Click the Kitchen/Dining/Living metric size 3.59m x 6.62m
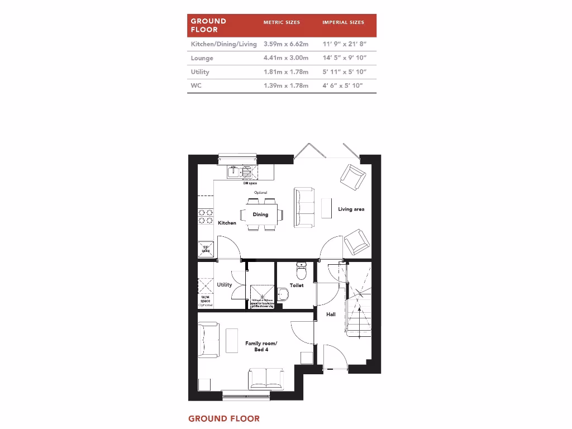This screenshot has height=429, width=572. coord(286,44)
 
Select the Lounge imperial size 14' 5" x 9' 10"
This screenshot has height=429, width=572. coord(344,58)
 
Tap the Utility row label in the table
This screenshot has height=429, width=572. coord(200,71)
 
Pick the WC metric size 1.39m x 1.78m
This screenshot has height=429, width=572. coord(286,85)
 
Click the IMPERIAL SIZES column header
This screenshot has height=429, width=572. coord(343,22)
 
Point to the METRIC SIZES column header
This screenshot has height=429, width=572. coord(282,22)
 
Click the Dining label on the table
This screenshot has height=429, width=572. coord(260,214)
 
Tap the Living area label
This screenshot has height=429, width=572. coord(351,209)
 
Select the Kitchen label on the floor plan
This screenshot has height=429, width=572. coord(227,223)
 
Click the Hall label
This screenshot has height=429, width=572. coord(331,314)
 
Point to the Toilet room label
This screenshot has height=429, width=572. coord(297,285)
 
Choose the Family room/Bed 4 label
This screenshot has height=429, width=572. coord(261,346)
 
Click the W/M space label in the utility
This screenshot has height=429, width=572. coord(206,300)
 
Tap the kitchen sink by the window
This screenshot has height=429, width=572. coord(235,172)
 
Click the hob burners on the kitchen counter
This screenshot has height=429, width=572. coord(206,215)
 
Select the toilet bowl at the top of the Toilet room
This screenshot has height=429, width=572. coord(302,271)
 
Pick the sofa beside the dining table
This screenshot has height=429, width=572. coord(304,207)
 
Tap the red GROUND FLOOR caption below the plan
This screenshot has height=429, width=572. coord(224,418)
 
